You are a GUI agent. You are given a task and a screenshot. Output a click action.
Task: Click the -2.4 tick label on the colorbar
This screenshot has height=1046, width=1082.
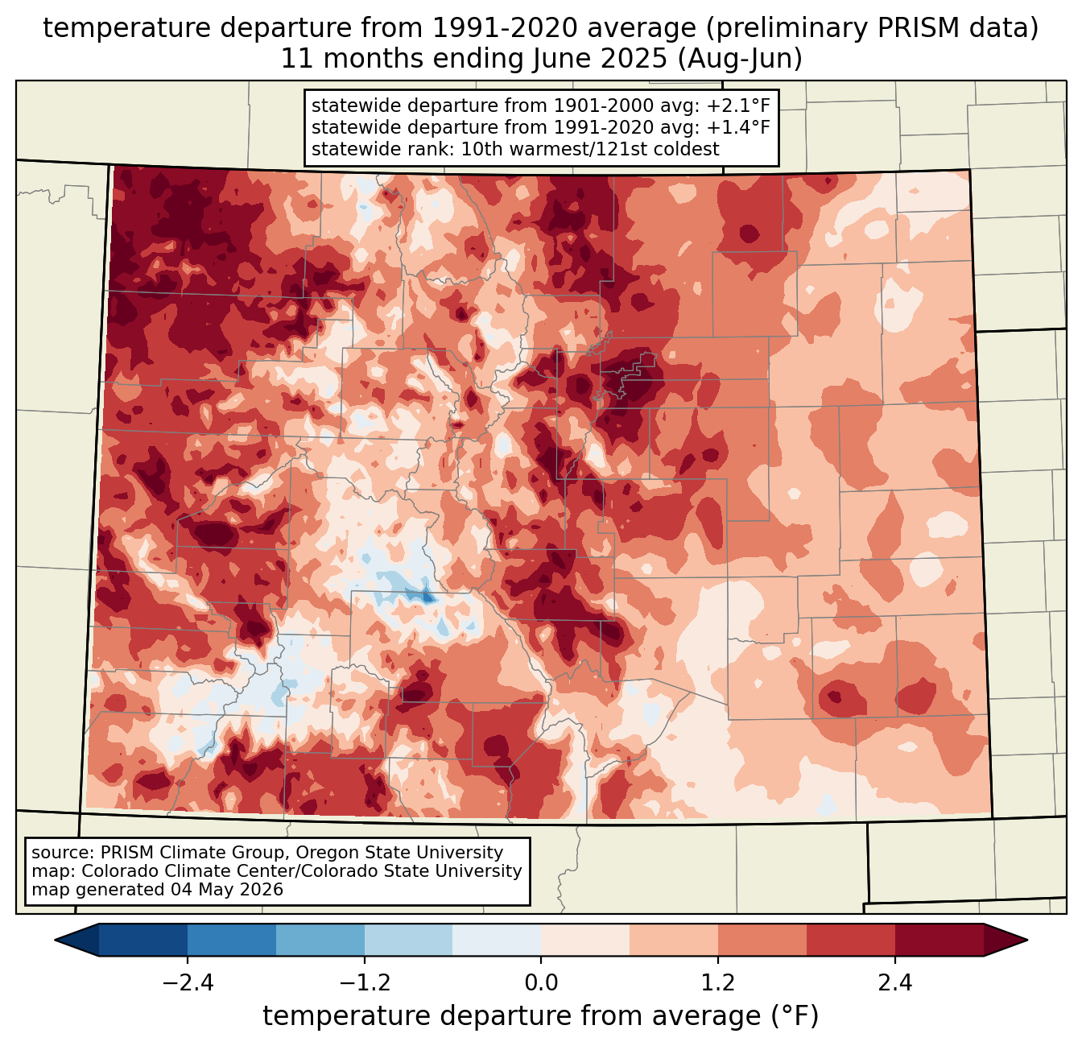(x=188, y=983)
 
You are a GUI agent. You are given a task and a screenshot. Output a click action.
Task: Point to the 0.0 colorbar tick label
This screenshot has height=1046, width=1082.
(x=541, y=983)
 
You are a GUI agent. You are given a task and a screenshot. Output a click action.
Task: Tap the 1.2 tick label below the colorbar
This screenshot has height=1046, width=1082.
(x=718, y=983)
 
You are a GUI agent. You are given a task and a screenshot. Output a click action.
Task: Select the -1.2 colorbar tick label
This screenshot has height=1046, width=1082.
(x=364, y=983)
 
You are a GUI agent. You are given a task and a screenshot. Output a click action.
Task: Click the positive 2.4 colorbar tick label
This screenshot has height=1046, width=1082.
(x=894, y=983)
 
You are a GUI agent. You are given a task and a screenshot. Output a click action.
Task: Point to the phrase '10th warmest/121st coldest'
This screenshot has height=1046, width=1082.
(x=589, y=149)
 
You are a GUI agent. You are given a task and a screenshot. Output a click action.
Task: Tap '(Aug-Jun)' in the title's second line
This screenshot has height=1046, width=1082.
(x=740, y=59)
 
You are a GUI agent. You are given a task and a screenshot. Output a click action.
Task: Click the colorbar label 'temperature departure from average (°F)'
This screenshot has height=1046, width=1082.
(x=540, y=1015)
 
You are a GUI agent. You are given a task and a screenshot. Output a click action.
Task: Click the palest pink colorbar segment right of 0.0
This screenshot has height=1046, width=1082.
(x=585, y=941)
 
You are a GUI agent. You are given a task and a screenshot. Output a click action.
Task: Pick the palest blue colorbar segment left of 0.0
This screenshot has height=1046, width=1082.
(x=497, y=941)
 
